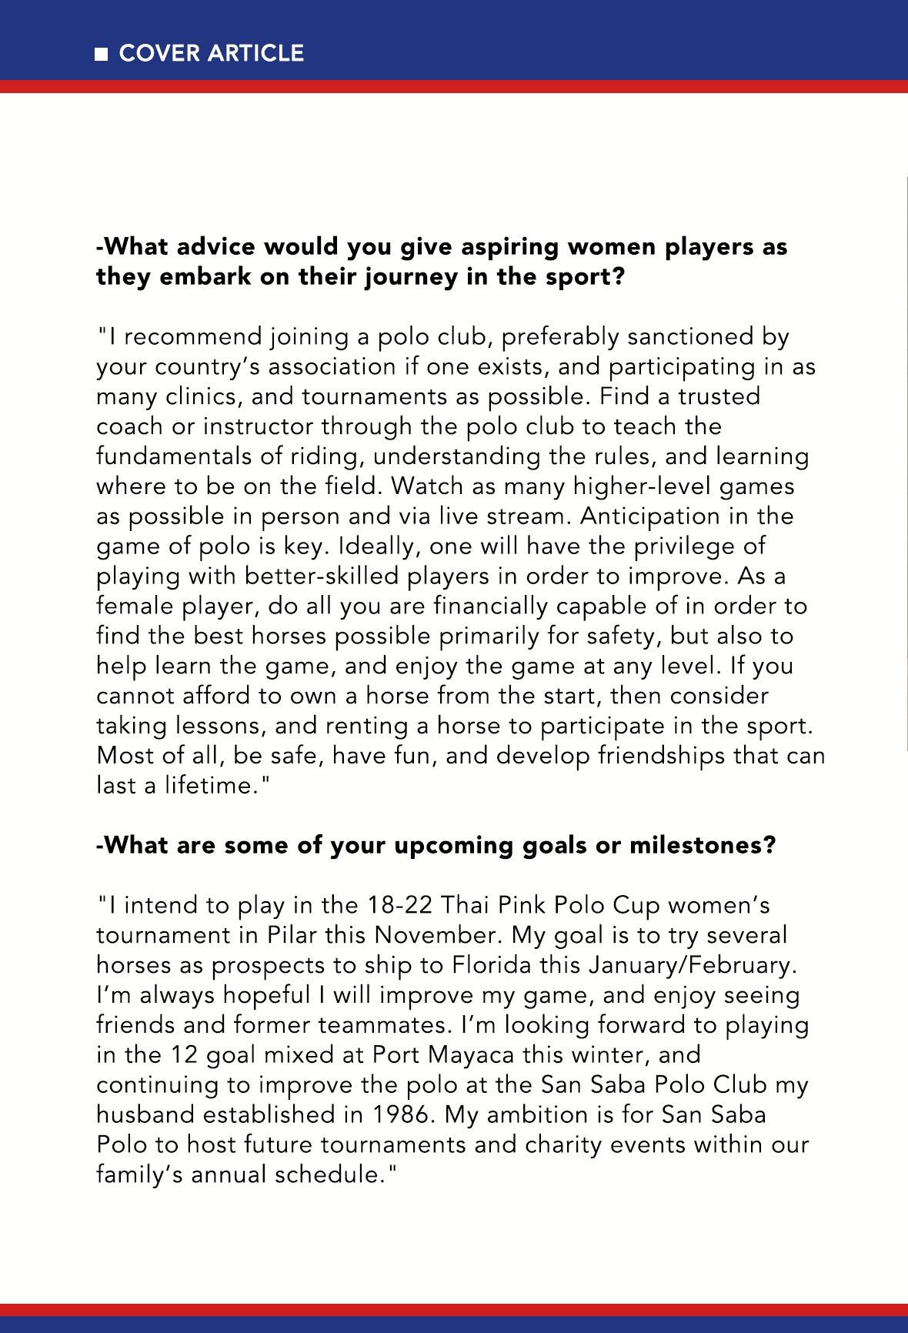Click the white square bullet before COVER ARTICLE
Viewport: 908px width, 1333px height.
[x=101, y=54]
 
